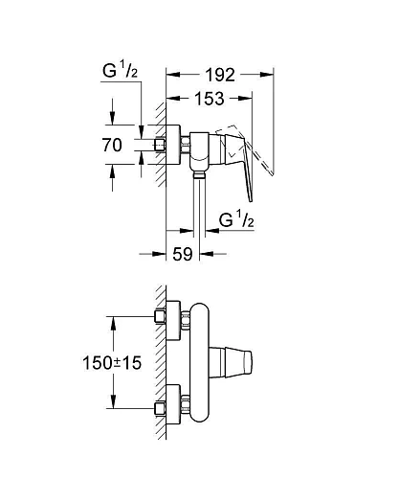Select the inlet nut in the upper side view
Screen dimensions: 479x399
click(x=161, y=145)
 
